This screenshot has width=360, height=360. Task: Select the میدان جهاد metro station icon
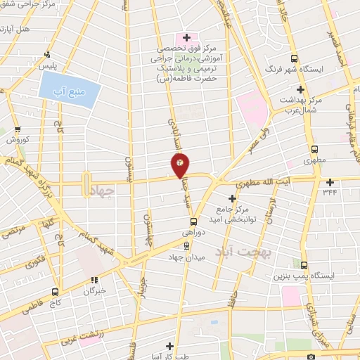186,246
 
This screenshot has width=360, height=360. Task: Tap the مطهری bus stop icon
314,149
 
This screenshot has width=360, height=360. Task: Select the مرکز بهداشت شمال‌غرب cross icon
301,89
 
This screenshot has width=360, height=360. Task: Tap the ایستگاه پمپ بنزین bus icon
304,266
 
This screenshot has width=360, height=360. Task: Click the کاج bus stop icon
55,291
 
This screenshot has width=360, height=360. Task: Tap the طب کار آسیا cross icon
169,345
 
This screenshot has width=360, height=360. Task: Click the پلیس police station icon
47,55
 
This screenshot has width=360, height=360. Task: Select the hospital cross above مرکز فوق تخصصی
186,37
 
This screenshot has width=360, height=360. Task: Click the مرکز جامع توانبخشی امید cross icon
233,198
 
